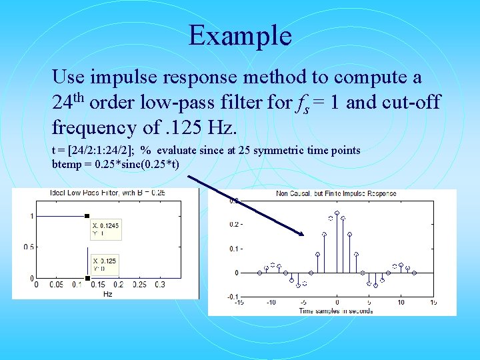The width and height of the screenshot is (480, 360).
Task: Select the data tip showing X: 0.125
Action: (x=105, y=264)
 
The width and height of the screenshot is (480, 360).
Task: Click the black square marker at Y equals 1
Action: (x=87, y=215)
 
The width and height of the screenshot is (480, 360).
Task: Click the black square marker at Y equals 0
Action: (x=87, y=278)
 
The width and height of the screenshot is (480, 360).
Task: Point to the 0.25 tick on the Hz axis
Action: (x=139, y=285)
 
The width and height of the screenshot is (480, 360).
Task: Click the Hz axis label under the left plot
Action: (x=107, y=293)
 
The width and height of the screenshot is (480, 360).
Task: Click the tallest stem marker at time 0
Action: (x=337, y=213)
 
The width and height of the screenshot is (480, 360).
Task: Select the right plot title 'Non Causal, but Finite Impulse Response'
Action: (x=336, y=194)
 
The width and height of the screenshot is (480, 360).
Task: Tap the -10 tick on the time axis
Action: (x=271, y=302)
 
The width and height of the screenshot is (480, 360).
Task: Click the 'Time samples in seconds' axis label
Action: (x=336, y=311)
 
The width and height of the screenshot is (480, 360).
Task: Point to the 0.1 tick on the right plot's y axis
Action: (x=235, y=249)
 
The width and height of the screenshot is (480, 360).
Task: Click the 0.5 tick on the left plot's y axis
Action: (x=29, y=247)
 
